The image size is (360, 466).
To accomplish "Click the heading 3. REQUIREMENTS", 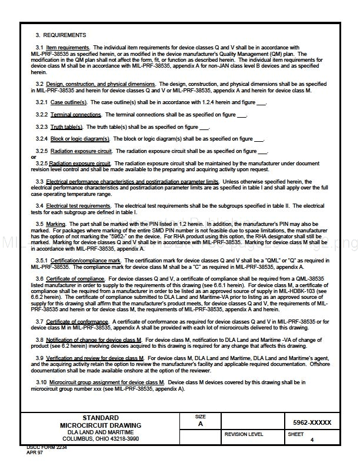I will tap(61, 35).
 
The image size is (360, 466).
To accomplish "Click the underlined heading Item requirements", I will tap(68, 47).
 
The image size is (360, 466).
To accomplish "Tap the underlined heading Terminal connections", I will tap(76, 115).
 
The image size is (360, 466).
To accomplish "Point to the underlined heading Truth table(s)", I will tap(66, 127).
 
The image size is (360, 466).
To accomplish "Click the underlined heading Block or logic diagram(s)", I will tap(80, 139).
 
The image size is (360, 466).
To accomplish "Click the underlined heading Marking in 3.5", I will tap(56, 224).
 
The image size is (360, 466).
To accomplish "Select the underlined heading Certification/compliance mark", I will tap(86, 260).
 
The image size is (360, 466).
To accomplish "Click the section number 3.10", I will tap(41, 382).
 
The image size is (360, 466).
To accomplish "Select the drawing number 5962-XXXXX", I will tap(312, 422).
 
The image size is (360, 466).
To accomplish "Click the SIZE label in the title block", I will tap(200, 417).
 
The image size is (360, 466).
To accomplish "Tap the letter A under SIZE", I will tap(200, 424).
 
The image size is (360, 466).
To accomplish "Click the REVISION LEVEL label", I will tap(244, 434).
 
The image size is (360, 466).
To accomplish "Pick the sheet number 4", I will tap(312, 440).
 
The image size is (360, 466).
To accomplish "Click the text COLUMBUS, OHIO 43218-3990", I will tap(101, 438).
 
